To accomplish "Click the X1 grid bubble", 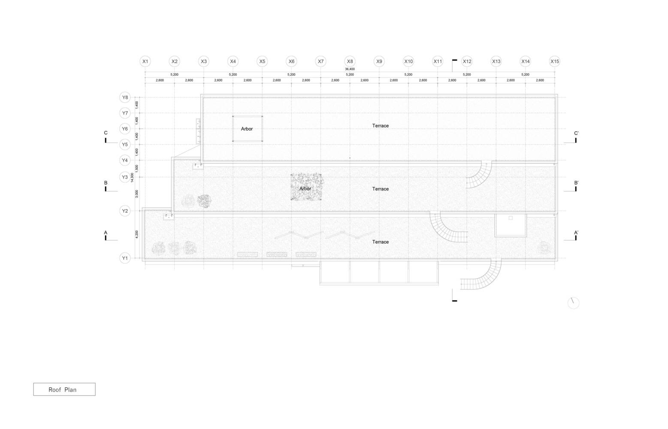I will click(x=145, y=61).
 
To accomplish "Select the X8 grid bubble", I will click(x=350, y=61).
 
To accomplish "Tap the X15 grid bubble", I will click(x=555, y=61).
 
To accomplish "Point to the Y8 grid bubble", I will click(x=125, y=97).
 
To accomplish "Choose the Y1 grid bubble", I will click(x=125, y=258).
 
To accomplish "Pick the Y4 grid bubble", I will click(x=125, y=160).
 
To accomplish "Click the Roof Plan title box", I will click(x=64, y=390).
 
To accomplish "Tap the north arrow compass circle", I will click(x=573, y=303).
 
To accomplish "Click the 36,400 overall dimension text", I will click(x=350, y=69).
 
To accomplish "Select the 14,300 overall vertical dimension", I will click(x=133, y=178).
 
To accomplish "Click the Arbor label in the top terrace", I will click(x=247, y=129).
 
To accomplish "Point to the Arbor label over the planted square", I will click(x=305, y=189).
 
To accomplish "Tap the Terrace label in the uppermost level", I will click(x=381, y=126).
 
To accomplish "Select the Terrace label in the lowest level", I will click(x=381, y=242).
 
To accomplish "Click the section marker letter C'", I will click(x=576, y=133).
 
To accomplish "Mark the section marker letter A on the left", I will click(x=106, y=233).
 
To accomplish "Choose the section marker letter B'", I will click(x=576, y=183).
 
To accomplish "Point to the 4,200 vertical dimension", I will click(x=137, y=234).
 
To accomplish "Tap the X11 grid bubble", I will click(x=438, y=61).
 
